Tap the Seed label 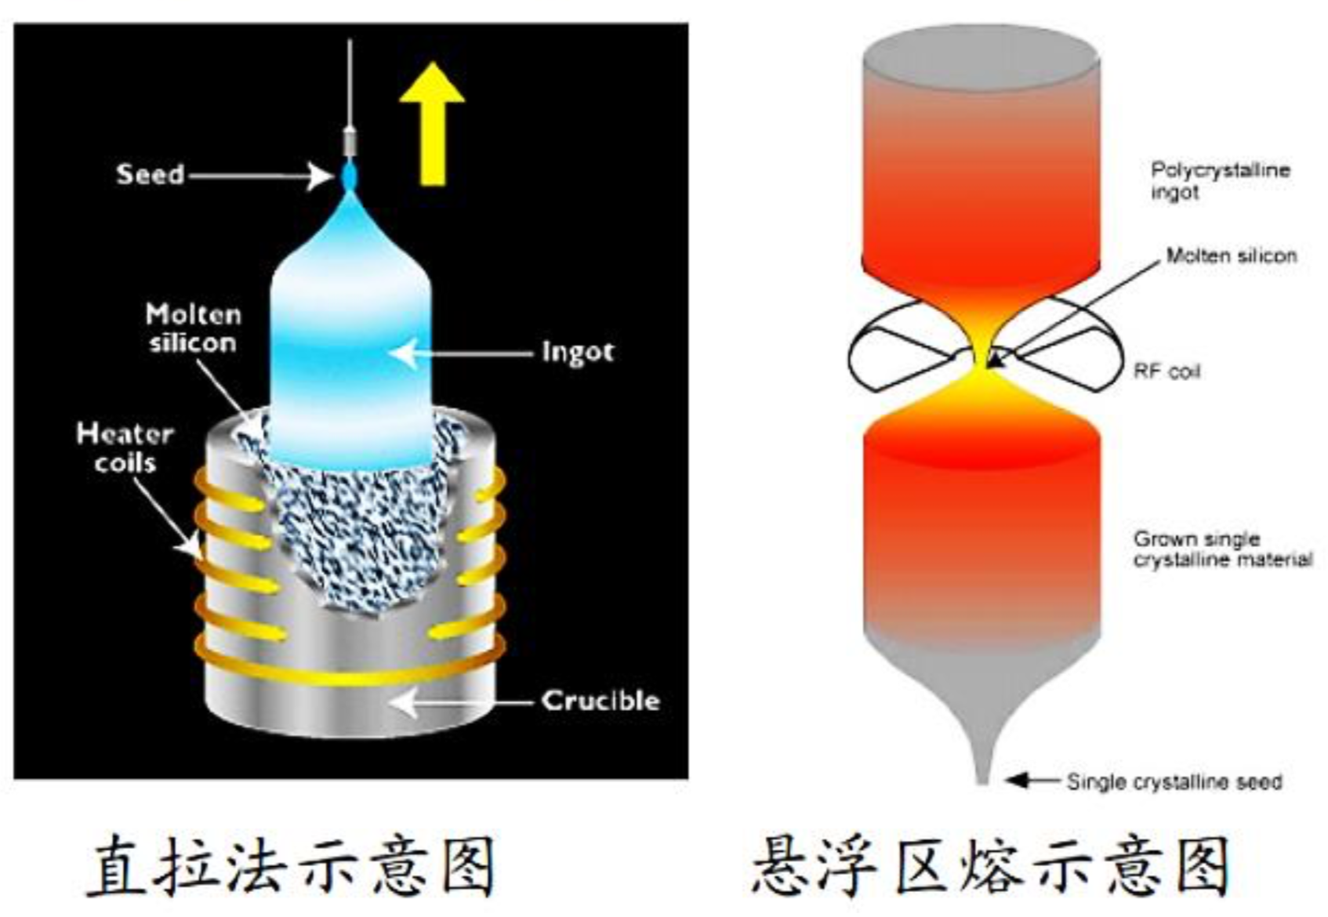tap(150, 174)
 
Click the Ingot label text tap(577, 353)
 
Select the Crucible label tap(601, 701)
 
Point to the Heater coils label tap(125, 448)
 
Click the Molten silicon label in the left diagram tap(193, 328)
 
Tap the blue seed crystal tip tap(349, 176)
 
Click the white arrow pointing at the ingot tap(463, 353)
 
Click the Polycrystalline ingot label tap(1219, 181)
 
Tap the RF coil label tap(1167, 372)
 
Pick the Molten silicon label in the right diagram tap(1231, 256)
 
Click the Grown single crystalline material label tap(1221, 549)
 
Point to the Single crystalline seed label tap(1174, 781)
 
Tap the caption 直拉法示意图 tap(291, 865)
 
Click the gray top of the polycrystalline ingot tap(981, 59)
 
